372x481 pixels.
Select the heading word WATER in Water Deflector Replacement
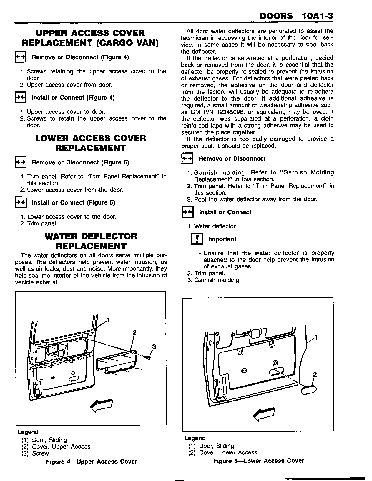click(x=61, y=236)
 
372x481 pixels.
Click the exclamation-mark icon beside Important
click(x=197, y=239)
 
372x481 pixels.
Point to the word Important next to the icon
click(x=222, y=239)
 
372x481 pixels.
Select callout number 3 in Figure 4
click(x=154, y=347)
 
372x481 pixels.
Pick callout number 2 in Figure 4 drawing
click(x=134, y=333)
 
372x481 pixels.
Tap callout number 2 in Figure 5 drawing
click(x=315, y=375)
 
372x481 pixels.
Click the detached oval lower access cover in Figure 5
click(x=308, y=389)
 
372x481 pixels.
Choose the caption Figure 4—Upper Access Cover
click(x=92, y=462)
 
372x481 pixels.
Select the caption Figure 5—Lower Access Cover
click(x=259, y=461)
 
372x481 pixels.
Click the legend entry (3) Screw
click(x=35, y=454)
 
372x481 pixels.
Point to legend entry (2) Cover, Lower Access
click(x=223, y=452)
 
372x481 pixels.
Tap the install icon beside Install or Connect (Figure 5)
click(x=20, y=203)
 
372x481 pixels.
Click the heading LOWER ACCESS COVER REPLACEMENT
click(x=91, y=143)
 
